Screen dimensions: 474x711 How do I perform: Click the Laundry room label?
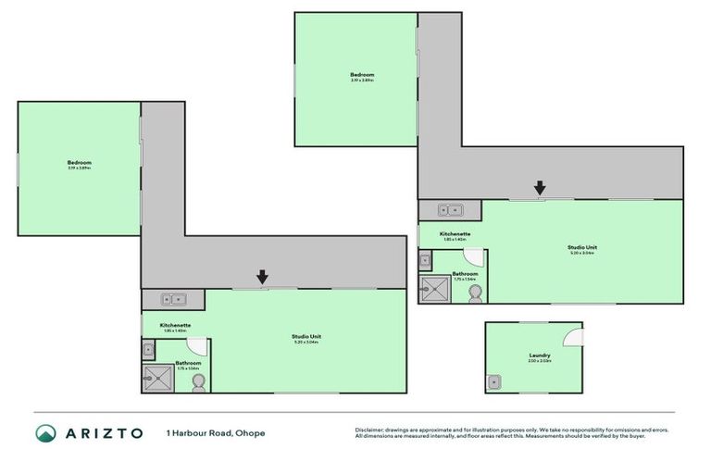540,355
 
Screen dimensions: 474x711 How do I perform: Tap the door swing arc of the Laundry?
573,335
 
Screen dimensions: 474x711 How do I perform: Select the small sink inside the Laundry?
493,380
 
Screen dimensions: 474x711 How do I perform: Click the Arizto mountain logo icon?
46,433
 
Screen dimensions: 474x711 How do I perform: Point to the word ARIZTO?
103,433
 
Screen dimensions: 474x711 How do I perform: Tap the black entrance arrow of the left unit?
262,277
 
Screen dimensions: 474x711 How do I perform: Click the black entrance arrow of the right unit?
540,188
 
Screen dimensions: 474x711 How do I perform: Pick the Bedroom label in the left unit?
79,163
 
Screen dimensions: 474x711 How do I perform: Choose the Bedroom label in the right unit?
362,74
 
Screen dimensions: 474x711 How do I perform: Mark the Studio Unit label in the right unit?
581,247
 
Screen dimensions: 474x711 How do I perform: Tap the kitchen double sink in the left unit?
173,299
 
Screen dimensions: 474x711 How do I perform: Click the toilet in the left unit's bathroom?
198,383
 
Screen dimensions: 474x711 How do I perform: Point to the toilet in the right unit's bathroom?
476,293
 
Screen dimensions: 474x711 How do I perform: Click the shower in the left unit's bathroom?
157,378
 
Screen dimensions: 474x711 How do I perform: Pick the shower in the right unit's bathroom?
435,289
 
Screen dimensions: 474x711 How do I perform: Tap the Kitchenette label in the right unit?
455,234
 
